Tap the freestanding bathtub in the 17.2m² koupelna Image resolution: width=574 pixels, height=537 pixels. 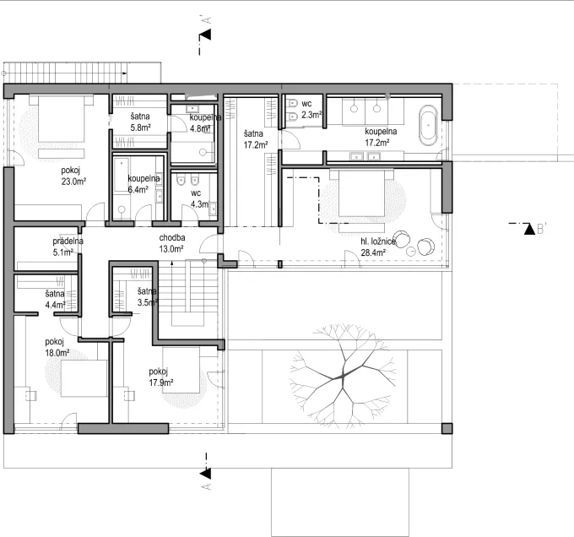pyautogui.click(x=428, y=124)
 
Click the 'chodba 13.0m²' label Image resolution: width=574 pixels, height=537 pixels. pyautogui.click(x=172, y=243)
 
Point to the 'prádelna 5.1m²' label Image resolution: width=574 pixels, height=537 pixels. pyautogui.click(x=68, y=246)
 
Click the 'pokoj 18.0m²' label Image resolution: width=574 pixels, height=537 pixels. pyautogui.click(x=57, y=348)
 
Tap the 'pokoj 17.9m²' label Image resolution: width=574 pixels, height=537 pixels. pyautogui.click(x=161, y=377)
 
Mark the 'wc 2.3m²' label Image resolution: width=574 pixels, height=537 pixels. pyautogui.click(x=311, y=107)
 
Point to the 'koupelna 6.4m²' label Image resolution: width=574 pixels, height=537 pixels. pyautogui.click(x=144, y=184)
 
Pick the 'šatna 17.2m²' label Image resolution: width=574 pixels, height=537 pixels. pyautogui.click(x=256, y=139)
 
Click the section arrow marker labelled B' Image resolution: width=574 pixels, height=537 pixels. pyautogui.click(x=528, y=228)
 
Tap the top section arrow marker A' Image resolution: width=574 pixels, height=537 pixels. pyautogui.click(x=204, y=35)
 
